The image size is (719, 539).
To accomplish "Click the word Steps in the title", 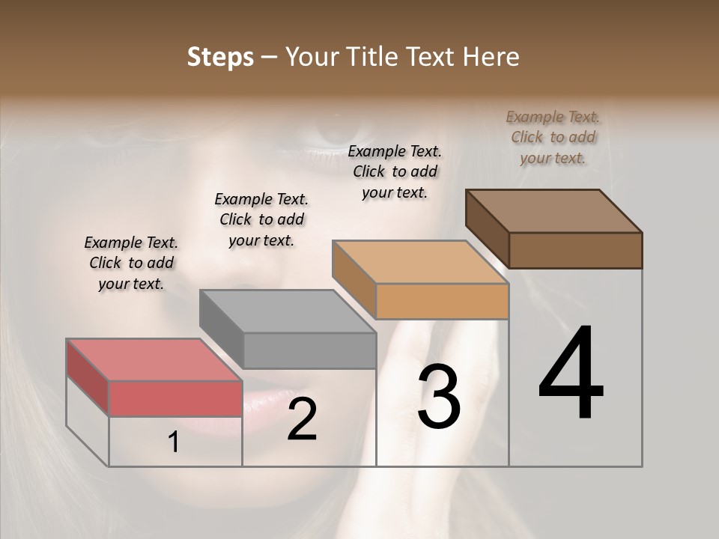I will tap(220, 57).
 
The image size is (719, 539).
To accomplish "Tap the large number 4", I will tap(571, 374).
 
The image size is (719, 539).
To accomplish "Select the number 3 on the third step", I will tap(438, 397).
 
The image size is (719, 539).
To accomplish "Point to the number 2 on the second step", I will tap(302, 419).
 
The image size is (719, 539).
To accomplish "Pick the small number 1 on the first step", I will tap(174, 442).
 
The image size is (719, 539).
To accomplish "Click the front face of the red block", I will tap(175, 398).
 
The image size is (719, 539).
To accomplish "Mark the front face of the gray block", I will tap(309, 350).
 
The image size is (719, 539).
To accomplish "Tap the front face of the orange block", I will tap(442, 301).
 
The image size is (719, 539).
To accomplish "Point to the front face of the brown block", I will tap(575, 250).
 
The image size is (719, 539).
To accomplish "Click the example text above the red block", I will tap(131, 264).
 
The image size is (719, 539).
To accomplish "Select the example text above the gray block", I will tap(261, 219).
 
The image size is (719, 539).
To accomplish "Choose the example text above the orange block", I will tap(395, 171).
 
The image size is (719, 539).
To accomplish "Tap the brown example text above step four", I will tap(553, 138).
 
